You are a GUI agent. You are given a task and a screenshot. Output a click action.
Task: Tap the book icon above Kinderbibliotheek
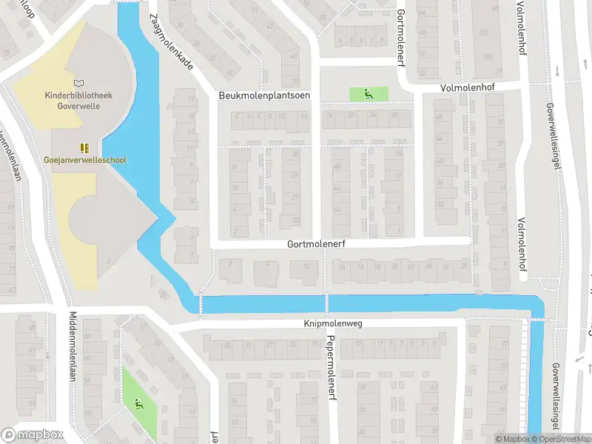79,85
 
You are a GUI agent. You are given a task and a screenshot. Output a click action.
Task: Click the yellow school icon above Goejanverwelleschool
84,147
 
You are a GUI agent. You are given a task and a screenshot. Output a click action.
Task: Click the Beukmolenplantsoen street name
264,96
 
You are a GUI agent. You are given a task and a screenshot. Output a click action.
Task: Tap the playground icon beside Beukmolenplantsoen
368,94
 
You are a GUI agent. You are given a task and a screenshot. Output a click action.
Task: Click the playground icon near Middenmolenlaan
138,403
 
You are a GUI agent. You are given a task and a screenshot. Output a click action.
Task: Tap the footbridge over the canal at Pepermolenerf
326,302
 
